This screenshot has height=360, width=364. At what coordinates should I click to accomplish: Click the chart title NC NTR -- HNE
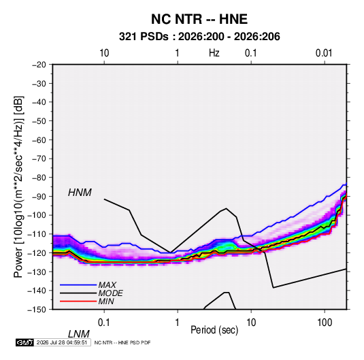point(199,19)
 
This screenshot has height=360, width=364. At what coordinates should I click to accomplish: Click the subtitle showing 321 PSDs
point(199,37)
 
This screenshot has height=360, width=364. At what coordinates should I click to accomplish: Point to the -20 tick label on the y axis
point(39,65)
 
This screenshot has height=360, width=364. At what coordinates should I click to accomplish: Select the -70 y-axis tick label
point(39,159)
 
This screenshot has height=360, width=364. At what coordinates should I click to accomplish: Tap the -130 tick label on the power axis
point(37,272)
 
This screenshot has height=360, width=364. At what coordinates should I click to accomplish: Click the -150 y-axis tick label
point(37,310)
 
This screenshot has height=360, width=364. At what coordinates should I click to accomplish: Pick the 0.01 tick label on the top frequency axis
point(324,53)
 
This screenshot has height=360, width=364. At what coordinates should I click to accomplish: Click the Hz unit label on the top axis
point(214,53)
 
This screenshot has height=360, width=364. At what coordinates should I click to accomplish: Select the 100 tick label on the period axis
point(325,323)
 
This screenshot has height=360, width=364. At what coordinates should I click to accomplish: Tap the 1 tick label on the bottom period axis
point(178,323)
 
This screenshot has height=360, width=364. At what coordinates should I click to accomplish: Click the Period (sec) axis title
point(214,330)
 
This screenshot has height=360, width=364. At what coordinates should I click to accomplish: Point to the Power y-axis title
point(18,187)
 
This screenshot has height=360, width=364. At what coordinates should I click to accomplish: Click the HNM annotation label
point(80,193)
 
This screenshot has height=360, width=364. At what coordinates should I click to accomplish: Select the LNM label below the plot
point(78,334)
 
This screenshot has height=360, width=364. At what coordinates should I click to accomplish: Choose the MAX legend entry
point(107,285)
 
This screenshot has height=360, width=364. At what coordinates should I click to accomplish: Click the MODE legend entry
point(110,293)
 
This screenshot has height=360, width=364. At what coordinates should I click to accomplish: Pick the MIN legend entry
point(106,301)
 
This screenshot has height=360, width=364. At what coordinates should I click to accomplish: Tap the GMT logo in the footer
point(24,342)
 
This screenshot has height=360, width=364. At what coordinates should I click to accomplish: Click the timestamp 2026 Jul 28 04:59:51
point(62,342)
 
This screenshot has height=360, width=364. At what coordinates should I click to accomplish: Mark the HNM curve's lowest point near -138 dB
point(274,288)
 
